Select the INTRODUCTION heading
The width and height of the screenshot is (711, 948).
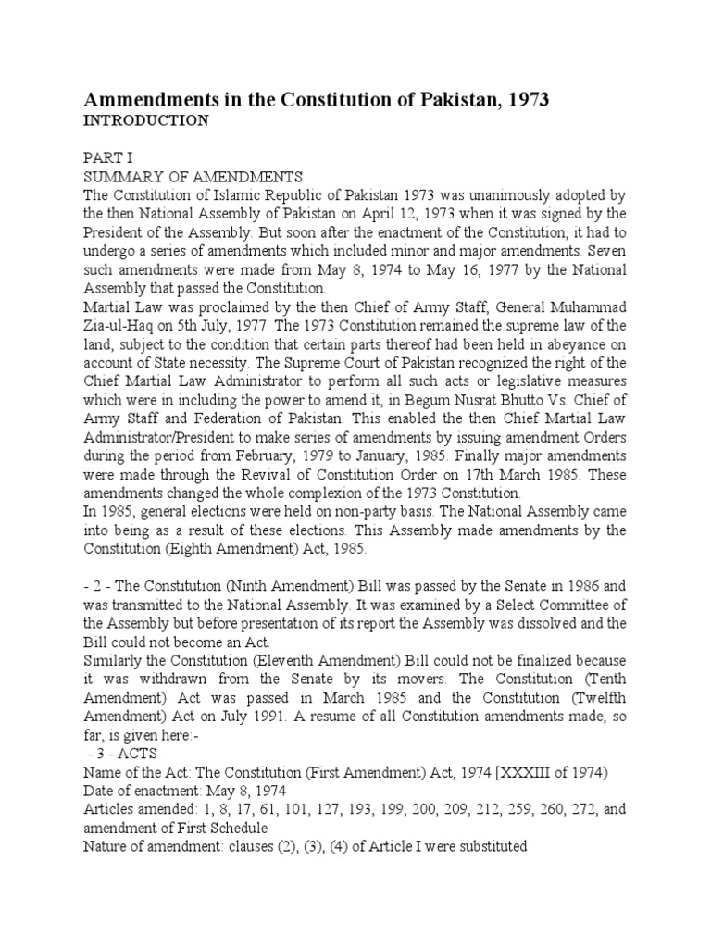click(146, 120)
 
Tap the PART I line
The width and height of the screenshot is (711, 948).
click(106, 158)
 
